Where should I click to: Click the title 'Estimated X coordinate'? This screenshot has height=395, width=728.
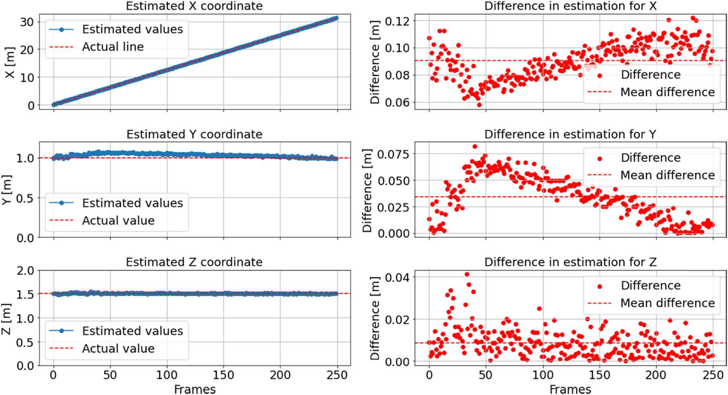194,6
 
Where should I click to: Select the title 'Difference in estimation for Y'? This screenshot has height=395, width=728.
570,134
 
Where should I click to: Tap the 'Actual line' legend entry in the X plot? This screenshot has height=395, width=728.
112,47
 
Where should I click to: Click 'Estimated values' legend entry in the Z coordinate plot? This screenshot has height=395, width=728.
132,331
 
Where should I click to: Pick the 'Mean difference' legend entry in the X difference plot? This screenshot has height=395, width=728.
667,92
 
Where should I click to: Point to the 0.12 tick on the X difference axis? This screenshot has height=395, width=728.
397,21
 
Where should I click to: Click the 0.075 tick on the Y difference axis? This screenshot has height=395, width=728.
393,154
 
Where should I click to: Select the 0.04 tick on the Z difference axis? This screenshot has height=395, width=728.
397,277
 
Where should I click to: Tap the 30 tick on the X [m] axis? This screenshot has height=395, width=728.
27,22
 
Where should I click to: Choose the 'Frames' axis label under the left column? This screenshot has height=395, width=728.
195,389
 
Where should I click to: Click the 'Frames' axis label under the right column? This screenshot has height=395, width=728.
570,389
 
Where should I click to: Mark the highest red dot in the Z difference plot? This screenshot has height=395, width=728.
467,274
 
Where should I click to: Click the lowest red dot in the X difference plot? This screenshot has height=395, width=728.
479,105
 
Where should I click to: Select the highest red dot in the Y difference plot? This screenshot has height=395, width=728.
475,147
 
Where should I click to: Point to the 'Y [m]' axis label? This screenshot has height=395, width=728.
7,189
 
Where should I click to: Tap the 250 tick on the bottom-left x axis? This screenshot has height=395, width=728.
337,375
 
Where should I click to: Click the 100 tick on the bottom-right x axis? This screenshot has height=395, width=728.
542,375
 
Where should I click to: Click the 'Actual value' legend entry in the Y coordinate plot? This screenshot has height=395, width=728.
118,221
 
